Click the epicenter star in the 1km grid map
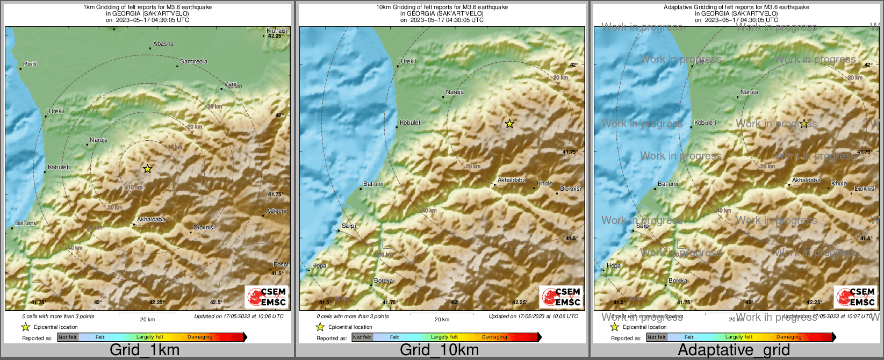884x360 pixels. coord(148,169)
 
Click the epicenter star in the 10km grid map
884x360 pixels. coord(509,124)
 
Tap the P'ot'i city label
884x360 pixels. coord(30,64)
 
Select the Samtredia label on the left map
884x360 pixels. coord(193,62)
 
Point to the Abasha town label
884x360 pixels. coord(163,44)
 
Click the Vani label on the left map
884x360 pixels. coord(231,84)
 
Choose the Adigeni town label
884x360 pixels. coord(276,211)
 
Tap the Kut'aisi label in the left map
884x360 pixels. coord(277,31)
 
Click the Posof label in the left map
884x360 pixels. coord(281,264)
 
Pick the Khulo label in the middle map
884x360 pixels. coord(544,183)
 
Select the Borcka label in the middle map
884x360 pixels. coord(384,280)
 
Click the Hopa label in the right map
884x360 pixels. coord(614,265)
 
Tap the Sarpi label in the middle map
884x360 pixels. coord(349,226)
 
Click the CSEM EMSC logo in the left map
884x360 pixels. coord(267,297)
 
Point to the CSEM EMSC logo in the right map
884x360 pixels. coord(856,297)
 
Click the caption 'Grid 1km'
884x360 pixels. coord(145,350)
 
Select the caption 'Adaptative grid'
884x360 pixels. coord(734,350)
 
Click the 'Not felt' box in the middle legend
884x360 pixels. coord(362,337)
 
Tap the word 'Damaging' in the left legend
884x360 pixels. coord(200,337)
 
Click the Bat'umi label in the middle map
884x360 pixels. coord(373,184)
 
